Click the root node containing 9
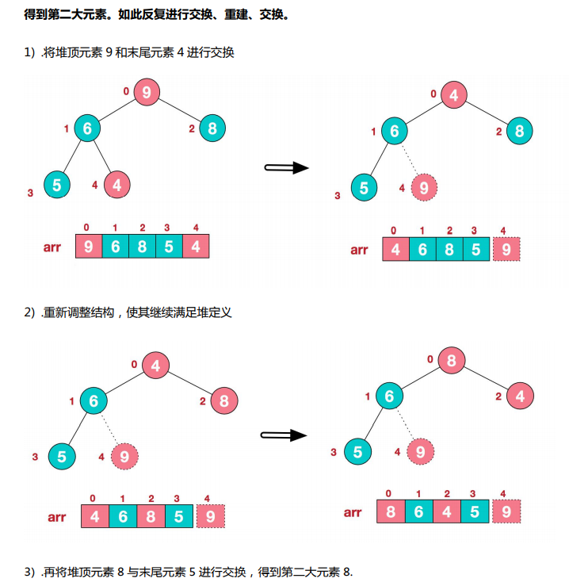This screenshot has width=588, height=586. click(x=147, y=92)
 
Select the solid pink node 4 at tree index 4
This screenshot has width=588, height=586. click(x=116, y=185)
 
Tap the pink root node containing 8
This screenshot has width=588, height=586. click(x=451, y=359)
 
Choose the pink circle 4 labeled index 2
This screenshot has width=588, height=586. click(x=520, y=396)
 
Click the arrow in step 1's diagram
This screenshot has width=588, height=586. click(x=285, y=167)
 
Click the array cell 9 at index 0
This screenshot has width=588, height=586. click(x=89, y=247)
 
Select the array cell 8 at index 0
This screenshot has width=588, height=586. click(x=390, y=511)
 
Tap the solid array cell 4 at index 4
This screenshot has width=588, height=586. click(x=196, y=247)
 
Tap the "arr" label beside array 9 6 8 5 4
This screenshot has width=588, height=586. click(x=52, y=247)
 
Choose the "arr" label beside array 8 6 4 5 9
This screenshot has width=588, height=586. click(x=353, y=512)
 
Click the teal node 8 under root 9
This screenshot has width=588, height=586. click(x=212, y=128)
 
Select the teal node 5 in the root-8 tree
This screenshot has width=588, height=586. click(x=357, y=451)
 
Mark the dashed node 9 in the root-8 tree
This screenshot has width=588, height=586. click(x=420, y=451)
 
